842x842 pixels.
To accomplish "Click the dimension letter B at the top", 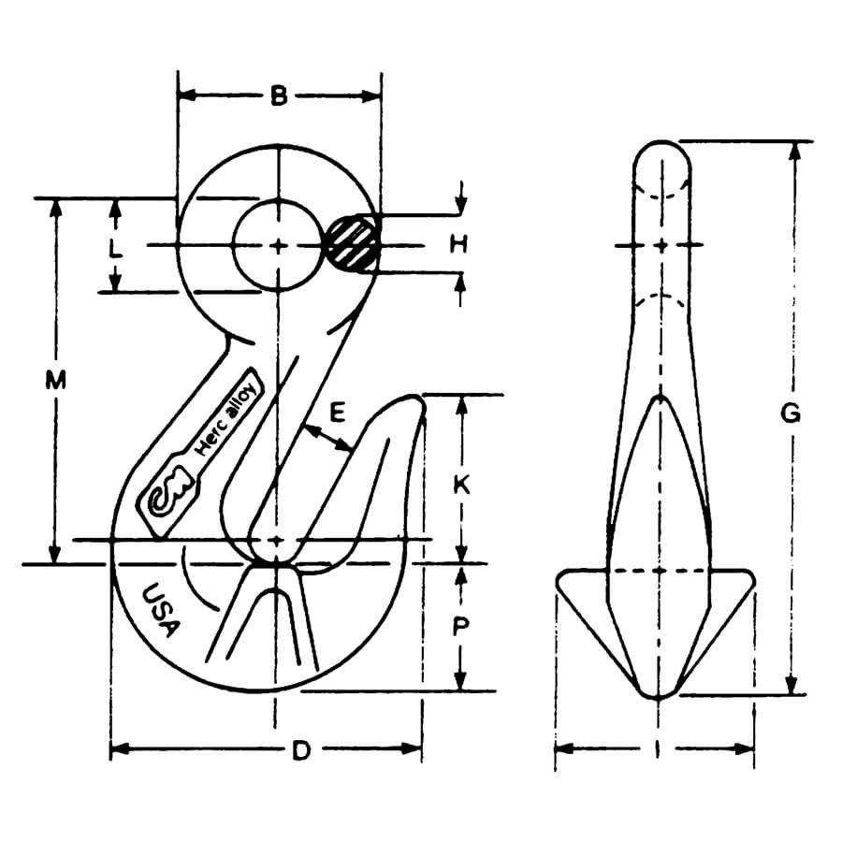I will (279, 95).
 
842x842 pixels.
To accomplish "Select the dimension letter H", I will (457, 245).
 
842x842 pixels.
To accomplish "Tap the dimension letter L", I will (114, 250).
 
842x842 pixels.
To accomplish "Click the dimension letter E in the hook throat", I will (338, 413).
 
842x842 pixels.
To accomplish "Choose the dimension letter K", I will (461, 486).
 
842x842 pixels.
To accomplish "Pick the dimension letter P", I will (460, 627).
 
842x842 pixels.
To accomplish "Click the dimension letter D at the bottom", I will (299, 750).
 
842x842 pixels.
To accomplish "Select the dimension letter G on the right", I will (791, 413).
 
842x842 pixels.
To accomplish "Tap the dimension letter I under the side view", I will (657, 749).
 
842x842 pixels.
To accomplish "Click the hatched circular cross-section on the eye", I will (352, 245).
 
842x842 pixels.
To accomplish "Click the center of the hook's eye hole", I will (278, 245).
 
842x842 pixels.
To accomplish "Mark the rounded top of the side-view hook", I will (661, 146).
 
